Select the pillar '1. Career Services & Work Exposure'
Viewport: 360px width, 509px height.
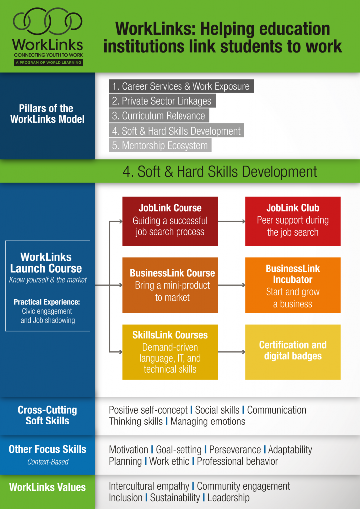[x=181, y=86]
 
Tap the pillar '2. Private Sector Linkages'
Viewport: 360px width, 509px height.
[x=162, y=101]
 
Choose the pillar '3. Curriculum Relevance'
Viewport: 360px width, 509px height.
[x=159, y=116]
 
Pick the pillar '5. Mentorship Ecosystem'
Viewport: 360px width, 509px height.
[x=160, y=146]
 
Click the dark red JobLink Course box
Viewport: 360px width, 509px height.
[x=170, y=221]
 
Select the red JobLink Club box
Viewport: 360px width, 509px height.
[x=293, y=221]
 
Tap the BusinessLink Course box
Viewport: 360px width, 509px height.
[x=170, y=285]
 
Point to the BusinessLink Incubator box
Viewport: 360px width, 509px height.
[x=293, y=285]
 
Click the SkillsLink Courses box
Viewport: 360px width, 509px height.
[x=170, y=351]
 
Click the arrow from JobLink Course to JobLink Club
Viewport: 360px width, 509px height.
[x=231, y=221]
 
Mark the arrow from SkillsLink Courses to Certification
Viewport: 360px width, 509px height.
[x=231, y=352]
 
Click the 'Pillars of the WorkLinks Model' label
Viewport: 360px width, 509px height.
[x=47, y=114]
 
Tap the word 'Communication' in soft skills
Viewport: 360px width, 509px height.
[x=276, y=410]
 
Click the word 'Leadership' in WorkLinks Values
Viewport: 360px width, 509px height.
[x=228, y=497]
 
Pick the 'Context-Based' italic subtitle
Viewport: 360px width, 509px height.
[x=47, y=462]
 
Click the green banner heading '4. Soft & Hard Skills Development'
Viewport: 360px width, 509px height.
[x=220, y=172]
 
